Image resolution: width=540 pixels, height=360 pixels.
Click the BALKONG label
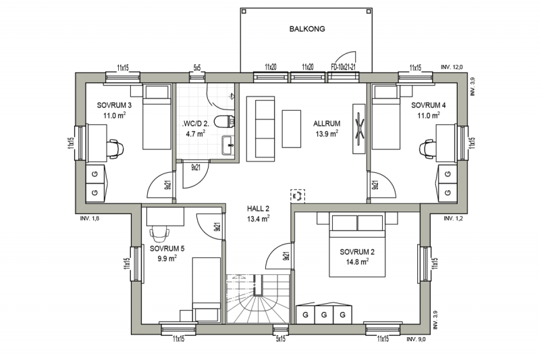pos(307,29)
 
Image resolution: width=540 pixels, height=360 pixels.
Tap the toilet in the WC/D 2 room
pos(224,122)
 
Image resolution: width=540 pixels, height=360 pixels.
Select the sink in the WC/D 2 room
pos(228,145)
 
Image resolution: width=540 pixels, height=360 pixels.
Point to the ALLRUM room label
pos(327,124)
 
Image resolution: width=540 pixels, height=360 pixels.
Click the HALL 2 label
pos(258,209)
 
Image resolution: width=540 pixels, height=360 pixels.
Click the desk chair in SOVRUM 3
pos(115,149)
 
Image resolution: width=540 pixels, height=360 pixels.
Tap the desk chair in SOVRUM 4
pos(428,149)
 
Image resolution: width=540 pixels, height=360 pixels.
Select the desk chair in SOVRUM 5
pos(159,234)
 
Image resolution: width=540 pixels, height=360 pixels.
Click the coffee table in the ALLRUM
pos(292,129)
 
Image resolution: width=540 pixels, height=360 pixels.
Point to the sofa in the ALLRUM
pos(261,129)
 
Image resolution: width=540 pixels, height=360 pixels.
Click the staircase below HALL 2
pos(259,299)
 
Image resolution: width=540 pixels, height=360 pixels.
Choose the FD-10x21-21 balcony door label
pos(343,67)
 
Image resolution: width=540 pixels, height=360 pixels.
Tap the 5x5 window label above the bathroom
pos(197,68)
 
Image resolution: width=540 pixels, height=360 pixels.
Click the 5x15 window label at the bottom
pos(281,338)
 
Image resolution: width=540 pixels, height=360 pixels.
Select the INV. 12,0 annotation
pos(452,67)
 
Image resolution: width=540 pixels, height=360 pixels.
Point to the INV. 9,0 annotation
pos(416,339)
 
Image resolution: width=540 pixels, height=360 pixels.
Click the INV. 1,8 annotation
pos(90,218)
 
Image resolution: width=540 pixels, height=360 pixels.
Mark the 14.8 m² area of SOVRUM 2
pos(358,262)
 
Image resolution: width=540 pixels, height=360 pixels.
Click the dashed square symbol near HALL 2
pos(298,196)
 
